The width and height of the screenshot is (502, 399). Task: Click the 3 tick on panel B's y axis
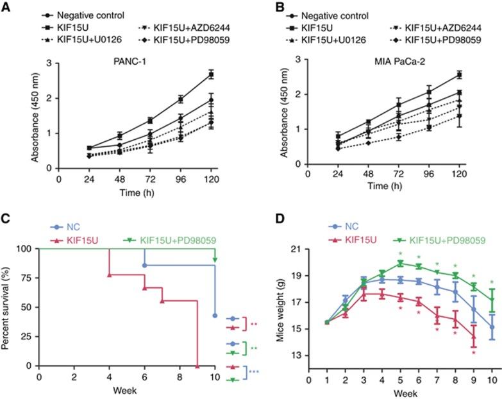(x=298, y=60)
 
